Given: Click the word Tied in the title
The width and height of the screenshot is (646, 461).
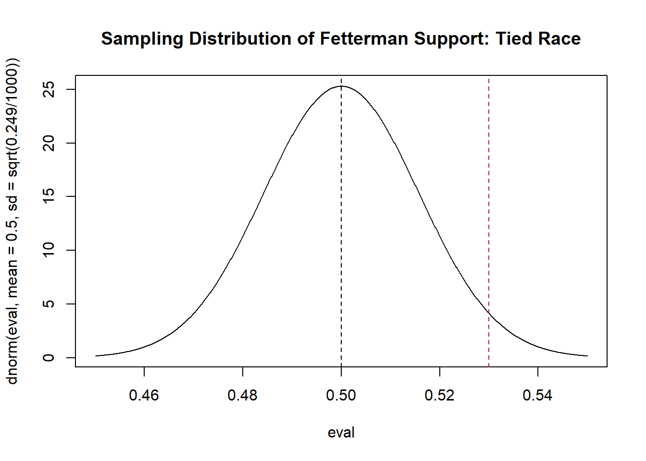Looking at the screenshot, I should click(514, 38).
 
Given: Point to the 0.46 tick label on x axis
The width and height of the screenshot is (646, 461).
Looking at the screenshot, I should click(144, 395).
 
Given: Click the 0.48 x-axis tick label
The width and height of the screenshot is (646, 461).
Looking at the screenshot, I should click(243, 395).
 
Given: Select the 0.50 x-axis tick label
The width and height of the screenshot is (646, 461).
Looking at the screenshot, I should click(341, 395).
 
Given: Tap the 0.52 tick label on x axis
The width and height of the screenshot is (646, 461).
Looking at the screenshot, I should click(439, 395).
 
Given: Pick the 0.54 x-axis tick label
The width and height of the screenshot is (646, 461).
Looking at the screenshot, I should click(538, 395).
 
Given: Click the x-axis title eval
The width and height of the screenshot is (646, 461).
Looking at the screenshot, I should click(341, 432).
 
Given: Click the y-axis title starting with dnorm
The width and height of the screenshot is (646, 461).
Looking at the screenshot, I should click(12, 221).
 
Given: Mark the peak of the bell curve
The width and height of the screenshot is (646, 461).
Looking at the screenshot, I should click(341, 86).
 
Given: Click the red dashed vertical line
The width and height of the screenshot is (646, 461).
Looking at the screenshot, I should click(489, 192).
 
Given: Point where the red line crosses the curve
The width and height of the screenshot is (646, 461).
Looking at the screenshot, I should click(489, 313).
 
